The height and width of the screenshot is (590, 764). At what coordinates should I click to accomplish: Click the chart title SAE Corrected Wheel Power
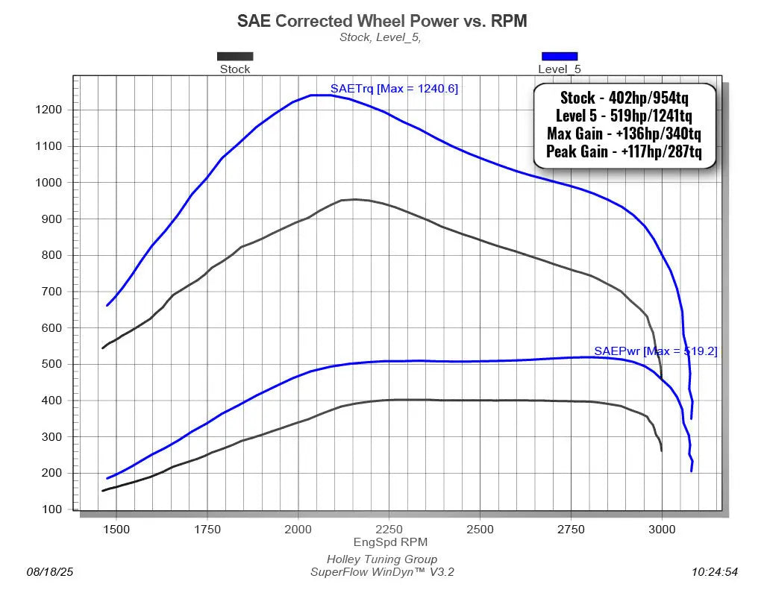click(x=382, y=21)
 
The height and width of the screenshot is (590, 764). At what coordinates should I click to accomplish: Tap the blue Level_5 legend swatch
click(x=559, y=56)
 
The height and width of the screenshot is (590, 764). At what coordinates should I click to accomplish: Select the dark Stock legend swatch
click(x=235, y=56)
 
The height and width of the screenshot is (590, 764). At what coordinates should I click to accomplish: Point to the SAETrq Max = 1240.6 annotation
click(x=394, y=89)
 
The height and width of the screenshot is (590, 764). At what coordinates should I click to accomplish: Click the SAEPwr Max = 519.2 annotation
click(x=655, y=351)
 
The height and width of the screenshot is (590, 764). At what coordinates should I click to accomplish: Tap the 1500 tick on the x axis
click(x=116, y=529)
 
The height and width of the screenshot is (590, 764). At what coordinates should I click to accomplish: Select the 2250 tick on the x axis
click(x=389, y=529)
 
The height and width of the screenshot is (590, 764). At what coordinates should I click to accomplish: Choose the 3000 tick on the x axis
click(x=662, y=529)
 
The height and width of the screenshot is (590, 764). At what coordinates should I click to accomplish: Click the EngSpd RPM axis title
click(x=389, y=542)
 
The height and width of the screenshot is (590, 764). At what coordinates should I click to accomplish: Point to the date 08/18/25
click(x=50, y=572)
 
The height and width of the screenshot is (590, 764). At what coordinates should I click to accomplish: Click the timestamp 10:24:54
click(x=714, y=572)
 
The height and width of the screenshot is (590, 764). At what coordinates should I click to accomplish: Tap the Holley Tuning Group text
click(x=382, y=559)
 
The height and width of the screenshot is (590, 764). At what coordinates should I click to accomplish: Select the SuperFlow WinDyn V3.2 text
click(x=382, y=572)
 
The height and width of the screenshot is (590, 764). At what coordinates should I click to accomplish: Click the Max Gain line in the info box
click(x=624, y=135)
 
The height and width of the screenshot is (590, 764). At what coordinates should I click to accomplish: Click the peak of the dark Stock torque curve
click(x=355, y=199)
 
